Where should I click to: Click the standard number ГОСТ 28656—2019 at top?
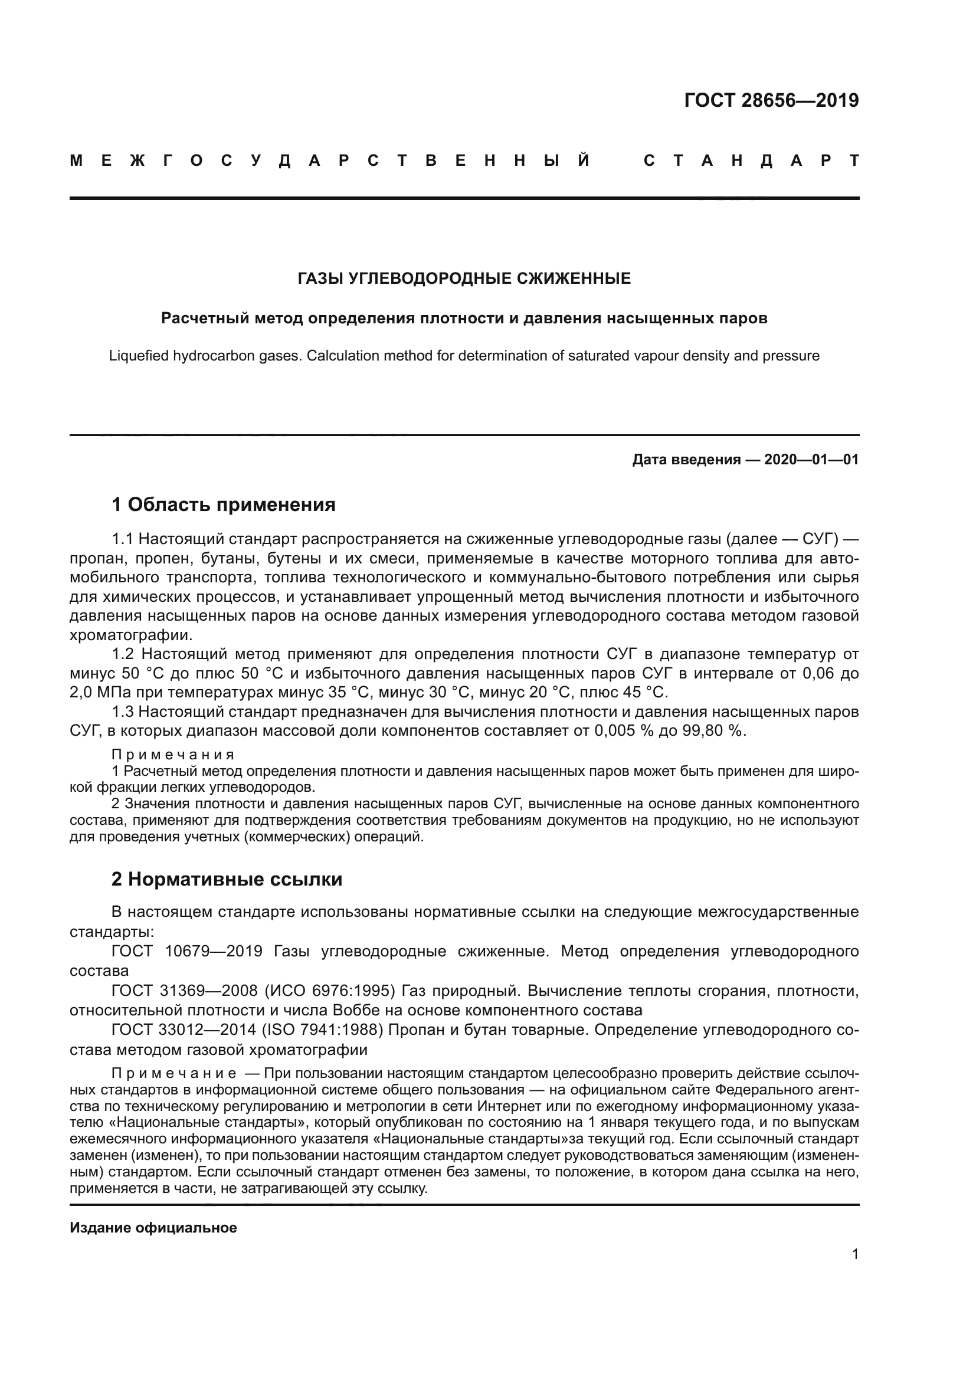click(x=771, y=100)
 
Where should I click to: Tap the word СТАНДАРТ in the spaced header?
click(x=751, y=160)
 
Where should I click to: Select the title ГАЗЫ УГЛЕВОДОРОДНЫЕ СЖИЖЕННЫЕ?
click(x=464, y=278)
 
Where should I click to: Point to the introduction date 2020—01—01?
click(x=811, y=460)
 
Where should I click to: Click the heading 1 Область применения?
click(x=223, y=504)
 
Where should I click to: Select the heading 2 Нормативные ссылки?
click(x=227, y=879)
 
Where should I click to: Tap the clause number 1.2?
click(x=124, y=654)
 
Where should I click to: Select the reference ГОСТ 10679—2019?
click(x=187, y=952)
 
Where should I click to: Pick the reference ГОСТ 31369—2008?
click(x=187, y=991)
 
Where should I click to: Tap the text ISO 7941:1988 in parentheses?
click(x=322, y=1030)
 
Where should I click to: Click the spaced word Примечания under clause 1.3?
click(x=173, y=755)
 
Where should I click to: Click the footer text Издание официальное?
click(x=153, y=1228)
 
